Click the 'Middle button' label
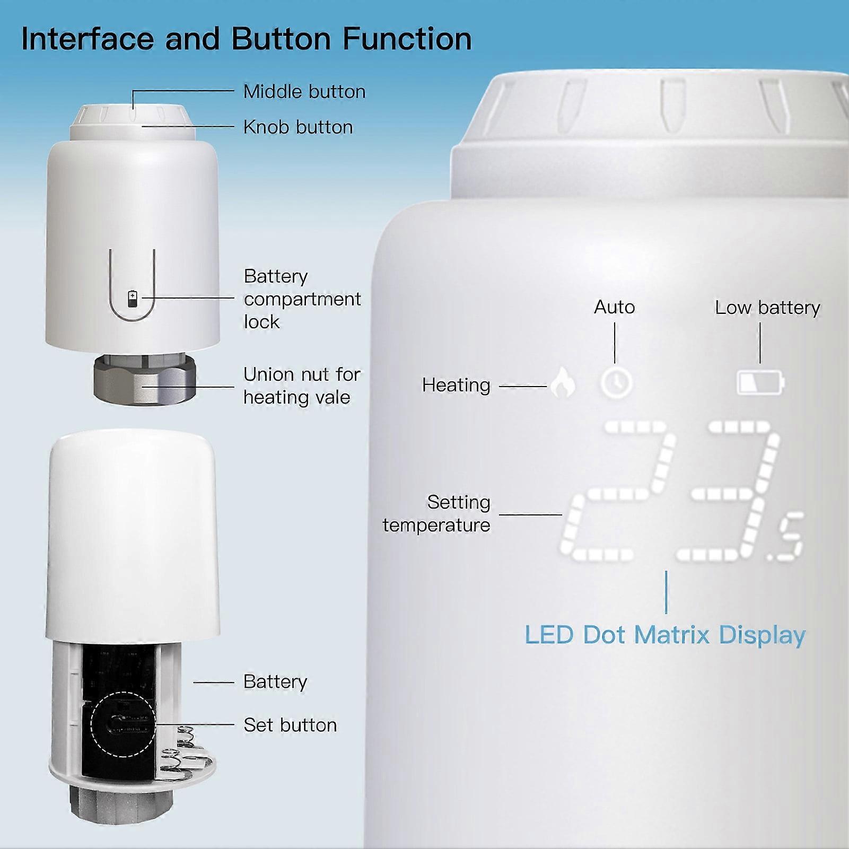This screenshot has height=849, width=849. coord(304,92)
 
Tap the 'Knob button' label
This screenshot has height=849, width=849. coord(297,127)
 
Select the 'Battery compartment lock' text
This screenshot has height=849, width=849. coord(302,299)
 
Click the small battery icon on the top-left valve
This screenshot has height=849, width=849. coord(133,299)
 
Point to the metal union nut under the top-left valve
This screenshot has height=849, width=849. coord(144,380)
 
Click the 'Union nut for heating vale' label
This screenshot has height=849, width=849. coord(302,386)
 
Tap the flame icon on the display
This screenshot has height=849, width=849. coord(563,382)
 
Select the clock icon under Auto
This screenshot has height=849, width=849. coord(616,382)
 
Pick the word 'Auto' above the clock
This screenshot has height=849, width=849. coord(614,307)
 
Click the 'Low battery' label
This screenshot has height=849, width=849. coord(767,308)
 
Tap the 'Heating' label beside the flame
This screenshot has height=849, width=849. coord(456,385)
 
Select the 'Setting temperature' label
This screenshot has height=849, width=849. coord(437,513)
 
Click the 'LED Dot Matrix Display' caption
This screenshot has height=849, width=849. coord(665,635)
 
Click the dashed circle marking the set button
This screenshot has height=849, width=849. coord(124,725)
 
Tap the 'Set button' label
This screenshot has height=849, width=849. coord(290,725)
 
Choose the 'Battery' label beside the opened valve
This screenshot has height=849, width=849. coord(275,682)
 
